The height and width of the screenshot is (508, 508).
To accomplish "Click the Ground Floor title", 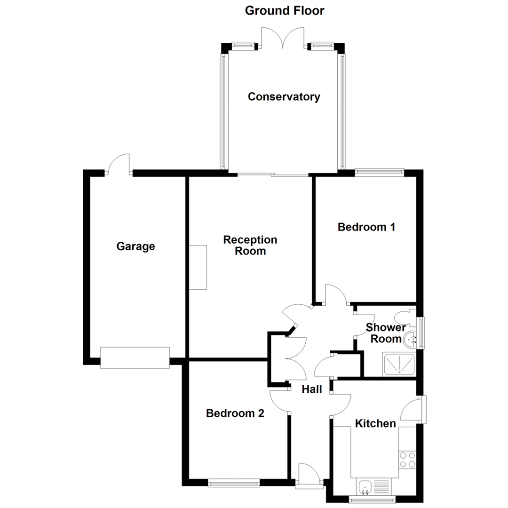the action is click(285, 11).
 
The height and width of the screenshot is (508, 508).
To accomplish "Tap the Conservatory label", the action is click(284, 96).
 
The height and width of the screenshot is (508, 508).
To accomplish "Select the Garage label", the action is click(136, 246).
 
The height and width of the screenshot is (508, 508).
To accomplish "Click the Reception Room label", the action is click(250, 245).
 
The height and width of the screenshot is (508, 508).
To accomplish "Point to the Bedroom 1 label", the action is click(366, 227).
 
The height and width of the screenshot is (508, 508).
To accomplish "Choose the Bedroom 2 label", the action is click(235, 413).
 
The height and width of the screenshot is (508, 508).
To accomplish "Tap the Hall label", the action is click(312, 389).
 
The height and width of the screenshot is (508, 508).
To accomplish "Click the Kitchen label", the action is click(375, 423).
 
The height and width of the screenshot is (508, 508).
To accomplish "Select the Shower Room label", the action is click(386, 333).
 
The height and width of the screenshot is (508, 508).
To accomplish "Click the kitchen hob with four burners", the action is click(407, 460).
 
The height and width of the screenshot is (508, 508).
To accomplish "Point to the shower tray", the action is click(399, 365).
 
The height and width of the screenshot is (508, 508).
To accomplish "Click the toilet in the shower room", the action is click(405, 317).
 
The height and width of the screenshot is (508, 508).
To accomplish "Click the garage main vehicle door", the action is click(135, 357).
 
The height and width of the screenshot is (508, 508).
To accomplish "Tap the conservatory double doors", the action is click(283, 38).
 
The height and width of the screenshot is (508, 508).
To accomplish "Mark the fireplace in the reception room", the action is click(198, 267).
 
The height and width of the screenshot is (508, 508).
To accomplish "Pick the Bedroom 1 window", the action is click(380, 172).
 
